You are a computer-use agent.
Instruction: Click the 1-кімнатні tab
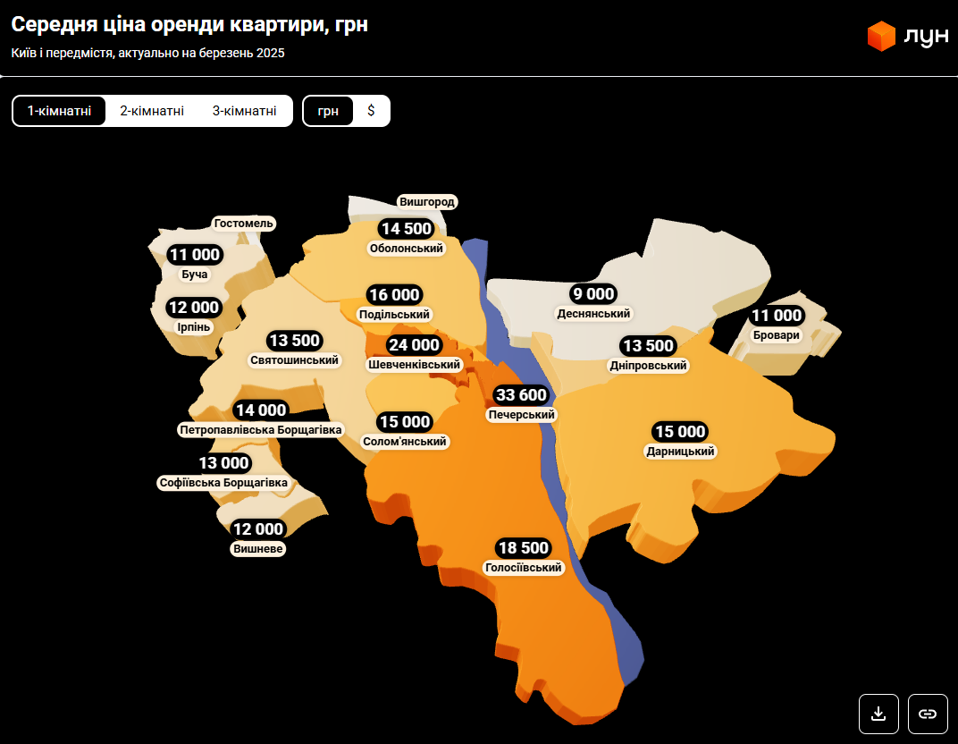(59, 111)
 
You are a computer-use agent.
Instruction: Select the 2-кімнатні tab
(152, 111)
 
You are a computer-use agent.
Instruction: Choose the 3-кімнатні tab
(244, 111)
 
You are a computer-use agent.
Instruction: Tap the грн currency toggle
(328, 111)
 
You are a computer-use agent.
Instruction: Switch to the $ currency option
(371, 111)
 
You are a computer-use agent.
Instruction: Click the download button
(878, 714)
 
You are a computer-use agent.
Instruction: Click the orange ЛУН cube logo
(881, 36)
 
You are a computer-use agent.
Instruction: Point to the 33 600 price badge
(521, 395)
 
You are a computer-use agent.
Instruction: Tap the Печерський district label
(522, 415)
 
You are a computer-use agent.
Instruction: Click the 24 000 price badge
(413, 345)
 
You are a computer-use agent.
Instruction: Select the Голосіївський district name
(523, 568)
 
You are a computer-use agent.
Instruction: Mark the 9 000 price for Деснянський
(593, 294)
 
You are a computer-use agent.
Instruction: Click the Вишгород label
(427, 202)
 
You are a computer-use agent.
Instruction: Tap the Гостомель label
(244, 224)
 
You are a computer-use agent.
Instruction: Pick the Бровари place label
(777, 335)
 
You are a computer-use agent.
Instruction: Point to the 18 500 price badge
(523, 548)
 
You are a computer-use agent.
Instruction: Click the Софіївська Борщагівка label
(223, 483)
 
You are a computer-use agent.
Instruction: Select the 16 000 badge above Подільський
(394, 295)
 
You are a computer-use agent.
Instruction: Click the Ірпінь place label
(194, 326)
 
